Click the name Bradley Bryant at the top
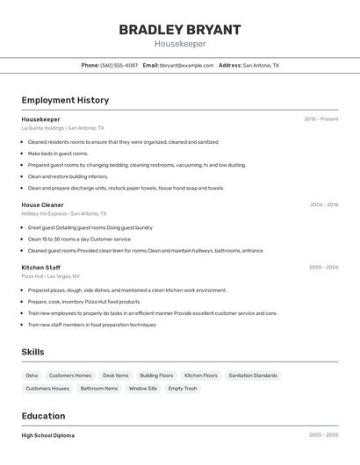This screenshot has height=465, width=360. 179,30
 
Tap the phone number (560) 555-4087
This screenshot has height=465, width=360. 119,65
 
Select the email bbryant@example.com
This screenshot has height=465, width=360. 186,65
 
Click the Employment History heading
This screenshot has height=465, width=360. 65,100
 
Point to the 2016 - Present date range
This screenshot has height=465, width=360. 321,119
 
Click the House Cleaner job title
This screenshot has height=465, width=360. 42,204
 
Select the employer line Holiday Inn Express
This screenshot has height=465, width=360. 64,213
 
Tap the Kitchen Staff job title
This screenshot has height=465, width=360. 40,267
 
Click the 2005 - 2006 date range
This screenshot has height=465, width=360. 323,267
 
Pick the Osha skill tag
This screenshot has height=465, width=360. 32,376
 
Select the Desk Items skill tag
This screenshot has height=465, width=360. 115,376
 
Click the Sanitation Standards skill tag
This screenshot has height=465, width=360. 253,376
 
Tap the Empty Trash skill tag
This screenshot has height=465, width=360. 183,388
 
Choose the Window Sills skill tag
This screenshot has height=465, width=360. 143,388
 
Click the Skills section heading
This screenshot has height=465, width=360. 33,352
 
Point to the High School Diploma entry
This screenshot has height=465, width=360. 47,435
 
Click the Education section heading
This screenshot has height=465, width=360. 43,416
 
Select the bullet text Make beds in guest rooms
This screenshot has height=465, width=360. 58,154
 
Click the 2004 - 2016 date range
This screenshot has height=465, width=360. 323,204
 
